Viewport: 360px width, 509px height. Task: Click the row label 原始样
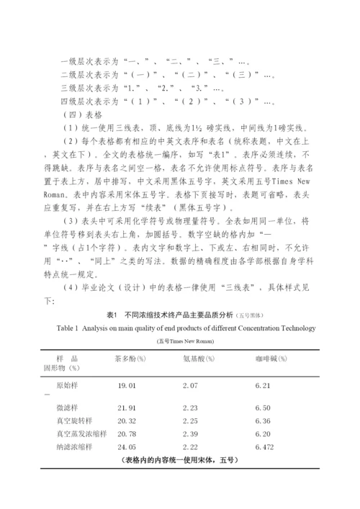coord(68,387)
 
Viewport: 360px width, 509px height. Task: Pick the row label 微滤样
coord(68,407)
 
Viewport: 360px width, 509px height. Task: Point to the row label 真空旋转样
coord(73,420)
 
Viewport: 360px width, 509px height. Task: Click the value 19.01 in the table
coord(127,387)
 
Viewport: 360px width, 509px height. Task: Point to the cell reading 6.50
coord(263,407)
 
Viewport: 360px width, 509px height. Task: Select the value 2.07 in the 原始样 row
coord(190,387)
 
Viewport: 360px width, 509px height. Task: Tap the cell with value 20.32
coord(127,420)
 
